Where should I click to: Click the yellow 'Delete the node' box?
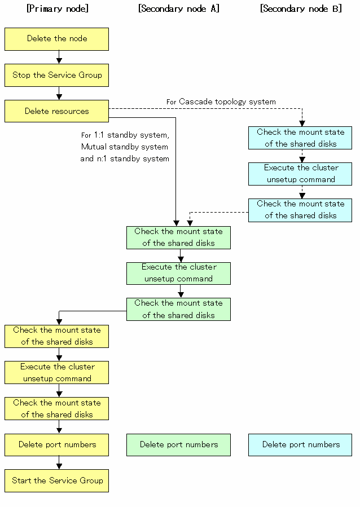[56, 39]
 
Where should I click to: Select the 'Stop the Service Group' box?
[56, 76]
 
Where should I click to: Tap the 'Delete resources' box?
[56, 111]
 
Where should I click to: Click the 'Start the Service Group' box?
[56, 481]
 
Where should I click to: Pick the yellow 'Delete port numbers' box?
[56, 445]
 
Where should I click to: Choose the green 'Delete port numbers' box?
[178, 445]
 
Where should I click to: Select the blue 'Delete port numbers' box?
[300, 445]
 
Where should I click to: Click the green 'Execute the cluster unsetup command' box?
[178, 274]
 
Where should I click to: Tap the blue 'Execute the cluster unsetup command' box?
[300, 174]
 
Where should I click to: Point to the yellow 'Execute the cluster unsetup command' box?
[56, 372]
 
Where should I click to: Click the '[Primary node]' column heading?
[58, 8]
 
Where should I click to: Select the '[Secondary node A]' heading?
[179, 8]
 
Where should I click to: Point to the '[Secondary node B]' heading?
[301, 8]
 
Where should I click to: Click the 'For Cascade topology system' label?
[221, 102]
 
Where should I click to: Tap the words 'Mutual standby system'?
[125, 147]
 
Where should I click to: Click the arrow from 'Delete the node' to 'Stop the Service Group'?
[59, 57]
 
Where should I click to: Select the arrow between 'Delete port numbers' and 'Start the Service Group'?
[59, 462]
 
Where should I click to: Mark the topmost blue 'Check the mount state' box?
[300, 138]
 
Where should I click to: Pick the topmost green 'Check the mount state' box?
[178, 237]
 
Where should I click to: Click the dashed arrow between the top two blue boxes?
[302, 156]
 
